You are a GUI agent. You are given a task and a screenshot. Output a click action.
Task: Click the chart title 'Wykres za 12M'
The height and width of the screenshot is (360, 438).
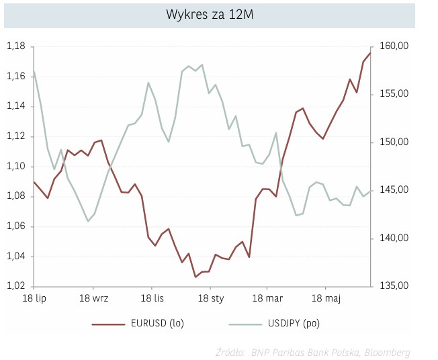point(210,15)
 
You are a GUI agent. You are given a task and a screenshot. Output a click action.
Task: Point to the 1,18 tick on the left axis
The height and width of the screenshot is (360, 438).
point(16,46)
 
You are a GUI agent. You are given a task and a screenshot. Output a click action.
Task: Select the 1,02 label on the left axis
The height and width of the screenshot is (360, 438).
point(16,286)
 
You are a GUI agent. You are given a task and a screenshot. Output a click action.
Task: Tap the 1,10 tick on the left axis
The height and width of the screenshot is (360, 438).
point(16,167)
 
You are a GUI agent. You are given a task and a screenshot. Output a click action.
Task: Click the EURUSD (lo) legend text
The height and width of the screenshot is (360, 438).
point(157,324)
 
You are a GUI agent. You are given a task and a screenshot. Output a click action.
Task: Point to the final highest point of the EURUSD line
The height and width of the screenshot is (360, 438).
point(370,53)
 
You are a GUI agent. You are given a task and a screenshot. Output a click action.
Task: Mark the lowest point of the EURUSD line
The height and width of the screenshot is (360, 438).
point(195,277)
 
